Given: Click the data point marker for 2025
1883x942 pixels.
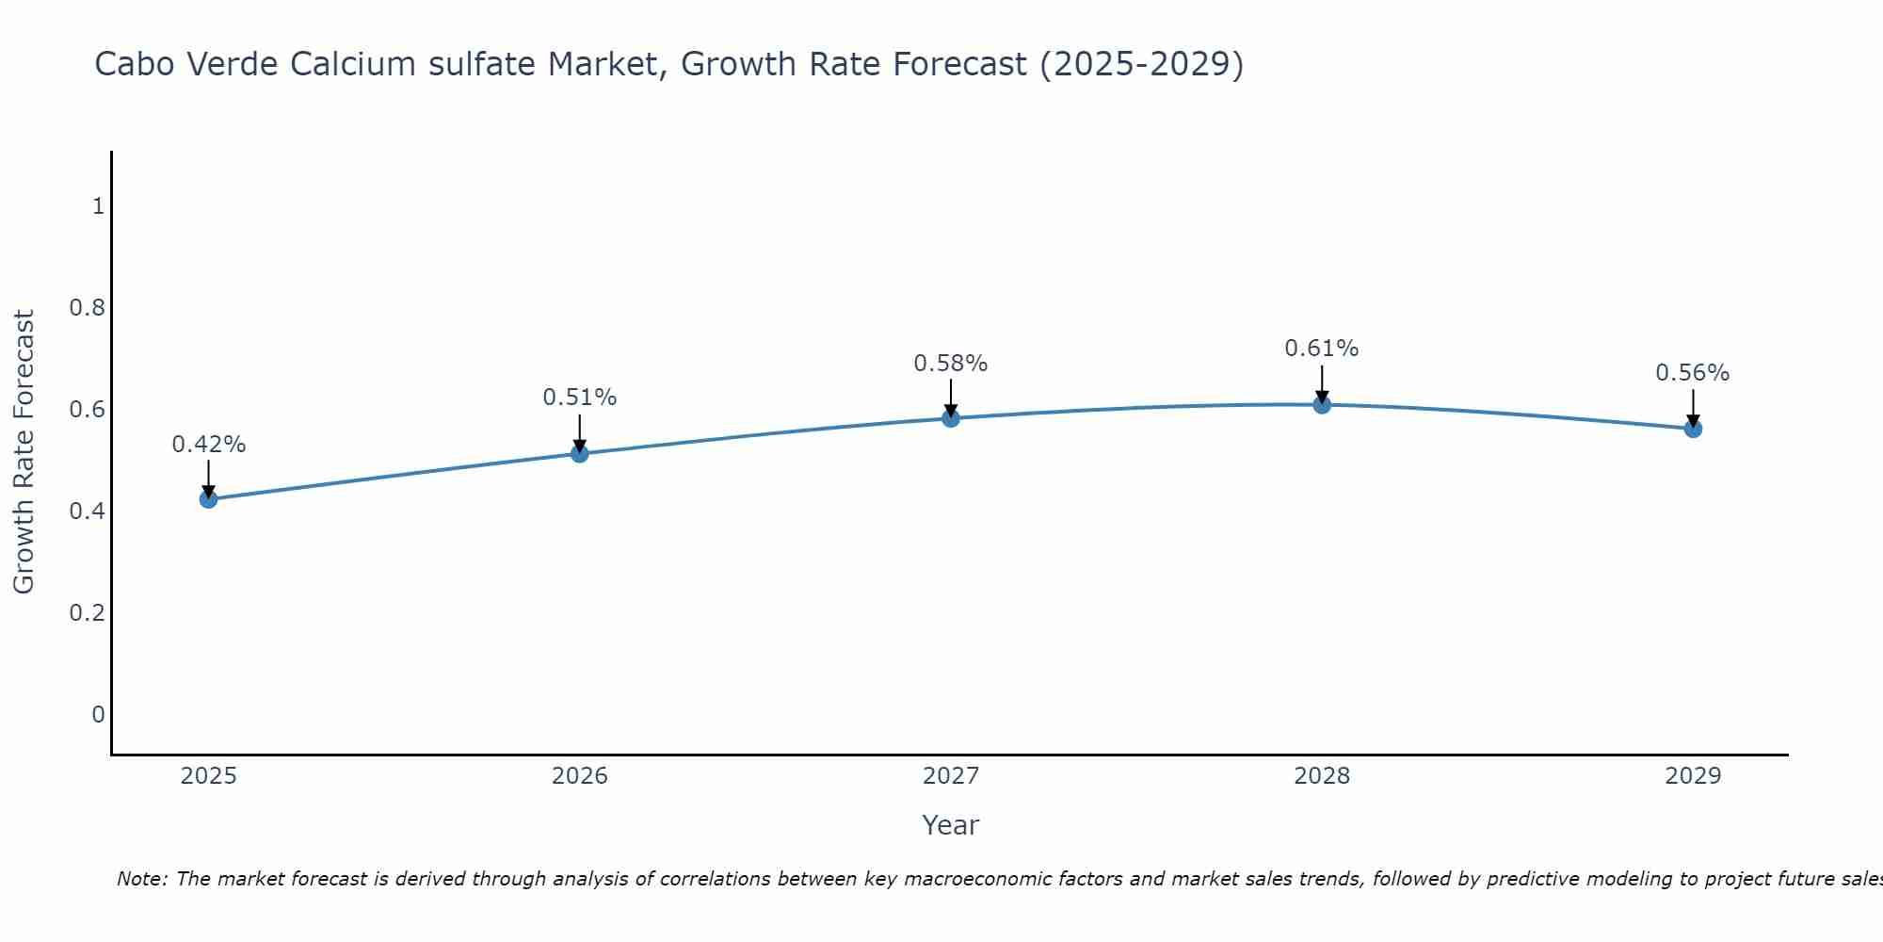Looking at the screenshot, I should click(208, 499).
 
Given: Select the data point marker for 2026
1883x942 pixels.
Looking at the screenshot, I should click(579, 454).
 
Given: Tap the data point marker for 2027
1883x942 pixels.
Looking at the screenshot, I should click(951, 418).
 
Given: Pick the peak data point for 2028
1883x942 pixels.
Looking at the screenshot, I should click(1322, 405).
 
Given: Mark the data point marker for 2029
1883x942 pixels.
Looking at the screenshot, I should click(1693, 429).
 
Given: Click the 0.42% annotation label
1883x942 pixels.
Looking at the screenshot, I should click(208, 445).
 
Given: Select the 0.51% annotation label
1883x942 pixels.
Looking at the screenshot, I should click(579, 398).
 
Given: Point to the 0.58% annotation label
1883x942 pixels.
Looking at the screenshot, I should click(951, 364).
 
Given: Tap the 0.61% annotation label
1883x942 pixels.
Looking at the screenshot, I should click(1322, 349).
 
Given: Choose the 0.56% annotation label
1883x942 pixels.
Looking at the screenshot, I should click(1693, 373).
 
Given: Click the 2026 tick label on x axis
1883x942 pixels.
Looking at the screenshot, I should click(579, 776).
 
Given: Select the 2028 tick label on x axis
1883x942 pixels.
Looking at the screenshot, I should click(1322, 776).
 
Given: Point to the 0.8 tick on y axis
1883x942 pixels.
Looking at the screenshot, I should click(87, 308).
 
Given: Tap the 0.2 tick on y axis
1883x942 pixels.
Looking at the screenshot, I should click(87, 613).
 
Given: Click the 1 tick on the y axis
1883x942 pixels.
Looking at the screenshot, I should click(98, 206).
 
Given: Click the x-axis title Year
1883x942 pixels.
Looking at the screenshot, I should click(951, 825).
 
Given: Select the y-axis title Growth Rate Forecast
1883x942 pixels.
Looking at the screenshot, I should click(24, 452).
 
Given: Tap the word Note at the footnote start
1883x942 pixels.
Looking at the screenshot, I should click(141, 879).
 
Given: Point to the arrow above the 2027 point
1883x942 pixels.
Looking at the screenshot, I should click(951, 398).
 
